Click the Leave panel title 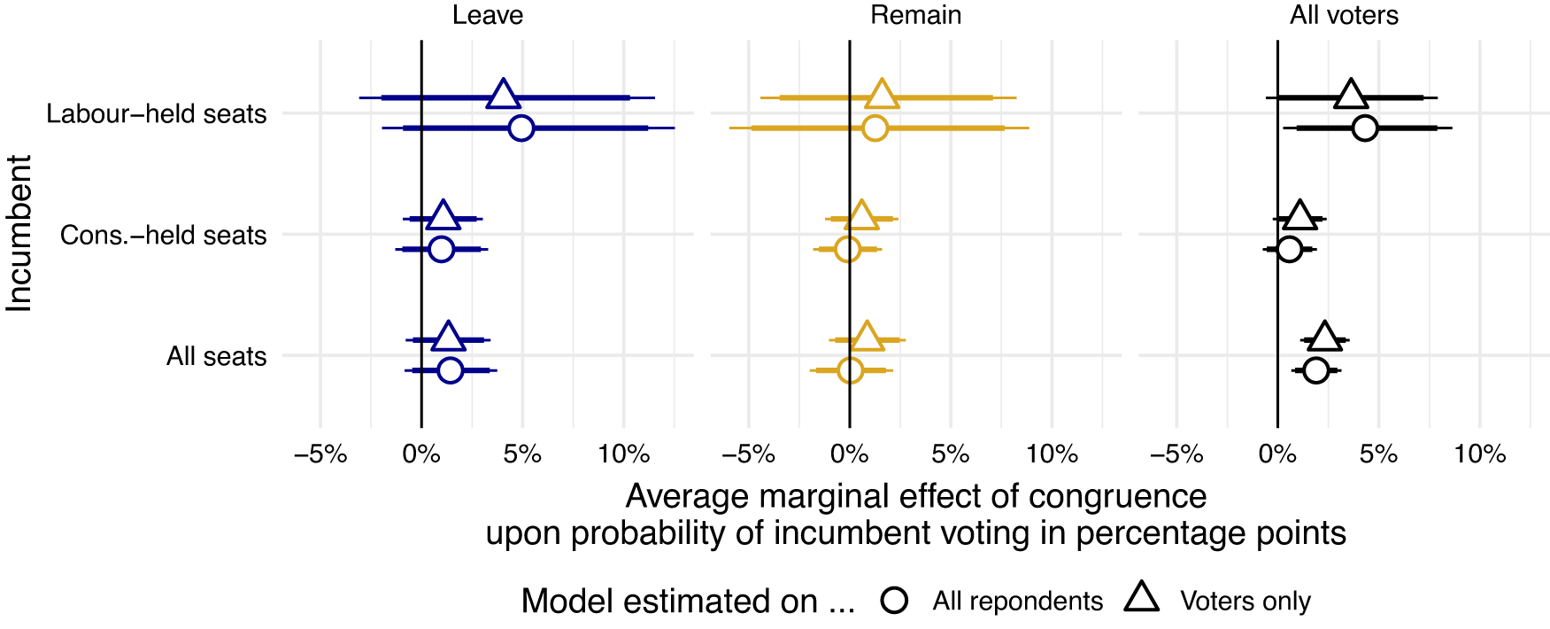[x=487, y=15]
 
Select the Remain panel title [x=915, y=15]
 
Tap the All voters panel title [x=1344, y=15]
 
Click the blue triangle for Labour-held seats [x=504, y=95]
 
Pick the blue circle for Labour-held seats [x=521, y=128]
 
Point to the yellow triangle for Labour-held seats [x=882, y=95]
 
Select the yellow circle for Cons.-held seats [x=847, y=250]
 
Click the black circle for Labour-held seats [x=1365, y=128]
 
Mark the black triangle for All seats [x=1324, y=338]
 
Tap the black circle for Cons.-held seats [x=1290, y=250]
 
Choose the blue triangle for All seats [x=449, y=338]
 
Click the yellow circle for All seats [x=850, y=370]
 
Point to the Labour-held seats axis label [x=157, y=114]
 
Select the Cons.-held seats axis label [x=164, y=236]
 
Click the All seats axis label [x=217, y=357]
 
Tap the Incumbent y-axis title [x=19, y=234]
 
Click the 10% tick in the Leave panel [x=623, y=454]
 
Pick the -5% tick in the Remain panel [x=748, y=454]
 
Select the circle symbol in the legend [x=895, y=601]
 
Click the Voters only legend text [x=1245, y=602]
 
